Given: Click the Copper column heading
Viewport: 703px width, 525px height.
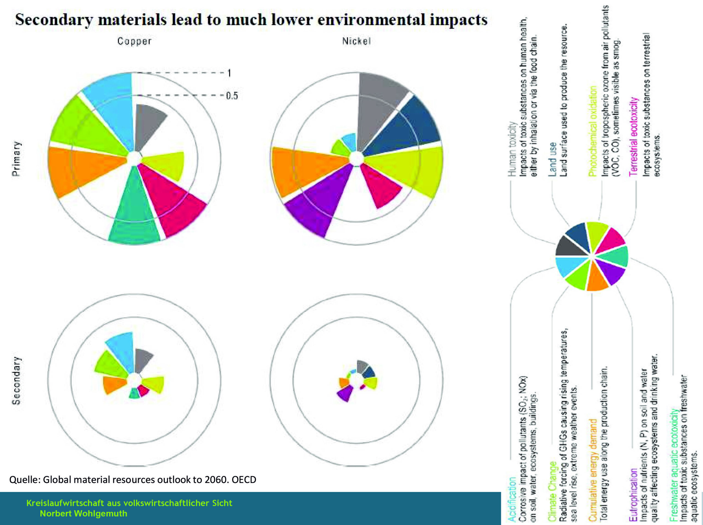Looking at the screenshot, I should pyautogui.click(x=134, y=41).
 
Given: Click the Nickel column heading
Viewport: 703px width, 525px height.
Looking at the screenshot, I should pyautogui.click(x=356, y=41).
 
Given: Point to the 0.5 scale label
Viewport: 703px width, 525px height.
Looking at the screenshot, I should pyautogui.click(x=232, y=96).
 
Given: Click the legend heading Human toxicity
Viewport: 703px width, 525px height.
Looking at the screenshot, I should pyautogui.click(x=511, y=149).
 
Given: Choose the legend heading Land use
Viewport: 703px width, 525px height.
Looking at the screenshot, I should pyautogui.click(x=552, y=159).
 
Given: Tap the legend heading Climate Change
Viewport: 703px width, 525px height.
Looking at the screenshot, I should pyautogui.click(x=552, y=491).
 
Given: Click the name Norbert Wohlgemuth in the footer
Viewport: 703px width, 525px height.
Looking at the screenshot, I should pyautogui.click(x=83, y=513).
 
